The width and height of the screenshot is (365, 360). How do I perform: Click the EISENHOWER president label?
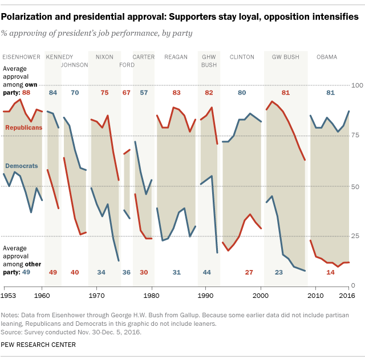[x=22, y=57]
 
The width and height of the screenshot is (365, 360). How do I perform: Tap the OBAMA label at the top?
[x=327, y=57]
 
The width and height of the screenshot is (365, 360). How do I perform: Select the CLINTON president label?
[x=242, y=57]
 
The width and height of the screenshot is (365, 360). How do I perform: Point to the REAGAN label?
[x=176, y=57]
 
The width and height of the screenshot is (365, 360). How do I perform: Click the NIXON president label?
[x=104, y=57]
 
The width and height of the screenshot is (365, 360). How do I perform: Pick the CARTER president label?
[x=143, y=57]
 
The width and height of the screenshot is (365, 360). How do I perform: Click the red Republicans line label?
[x=23, y=128]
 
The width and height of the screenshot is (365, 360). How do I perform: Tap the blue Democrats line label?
[x=22, y=166]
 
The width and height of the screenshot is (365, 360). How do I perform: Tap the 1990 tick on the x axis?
[x=206, y=296]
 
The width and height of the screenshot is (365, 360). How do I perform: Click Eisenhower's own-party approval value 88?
[x=26, y=92]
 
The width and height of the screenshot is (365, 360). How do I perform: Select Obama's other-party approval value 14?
[x=330, y=272]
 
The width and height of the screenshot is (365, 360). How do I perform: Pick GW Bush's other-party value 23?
[x=279, y=272]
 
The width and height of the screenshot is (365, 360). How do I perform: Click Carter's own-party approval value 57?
[x=144, y=92]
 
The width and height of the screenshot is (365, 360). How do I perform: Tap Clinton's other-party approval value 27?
[x=249, y=272]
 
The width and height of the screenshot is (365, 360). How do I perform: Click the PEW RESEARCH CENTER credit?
[x=39, y=345]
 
